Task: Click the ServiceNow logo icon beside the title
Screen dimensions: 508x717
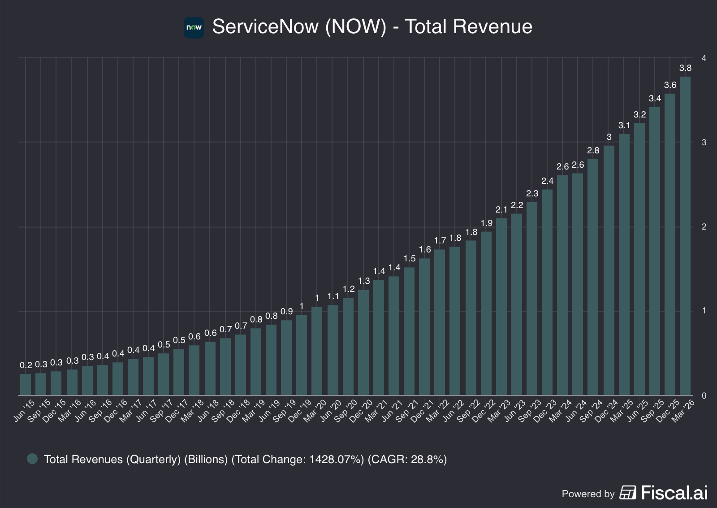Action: pyautogui.click(x=194, y=27)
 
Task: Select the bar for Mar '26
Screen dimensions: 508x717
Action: pyautogui.click(x=685, y=236)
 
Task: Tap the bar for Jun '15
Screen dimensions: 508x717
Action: pyautogui.click(x=26, y=385)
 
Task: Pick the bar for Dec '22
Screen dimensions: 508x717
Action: pyautogui.click(x=486, y=313)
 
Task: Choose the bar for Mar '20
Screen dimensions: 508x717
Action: pyautogui.click(x=317, y=351)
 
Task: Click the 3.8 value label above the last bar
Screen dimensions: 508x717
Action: pyautogui.click(x=685, y=68)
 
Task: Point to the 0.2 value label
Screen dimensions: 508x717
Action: pyautogui.click(x=26, y=365)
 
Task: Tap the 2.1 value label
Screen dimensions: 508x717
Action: pyautogui.click(x=501, y=209)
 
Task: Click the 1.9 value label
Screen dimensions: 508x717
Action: pyautogui.click(x=486, y=223)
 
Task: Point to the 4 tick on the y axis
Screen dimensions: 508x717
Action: pyautogui.click(x=704, y=58)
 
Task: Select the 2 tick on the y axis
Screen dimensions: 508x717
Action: pyautogui.click(x=704, y=226)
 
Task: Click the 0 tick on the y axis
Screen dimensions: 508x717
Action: pyautogui.click(x=704, y=395)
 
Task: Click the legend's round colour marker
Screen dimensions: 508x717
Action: pyautogui.click(x=32, y=459)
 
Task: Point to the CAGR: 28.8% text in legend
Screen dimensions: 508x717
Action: pyautogui.click(x=407, y=459)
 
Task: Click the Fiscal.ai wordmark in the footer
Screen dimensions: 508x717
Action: pyautogui.click(x=674, y=493)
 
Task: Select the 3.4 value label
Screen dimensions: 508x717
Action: pyautogui.click(x=655, y=98)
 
